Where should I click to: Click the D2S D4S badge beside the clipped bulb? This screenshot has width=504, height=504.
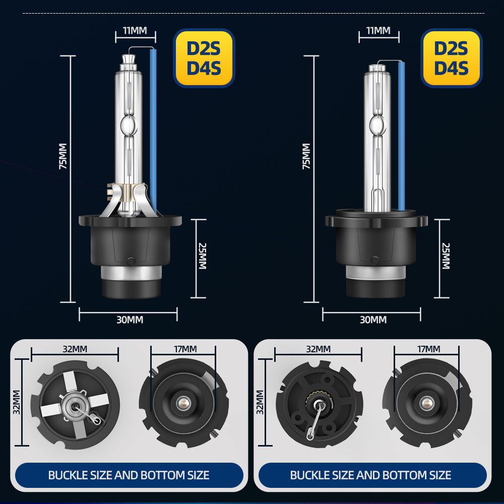pyautogui.click(x=204, y=58)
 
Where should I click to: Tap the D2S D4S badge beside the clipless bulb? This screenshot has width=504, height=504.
pyautogui.click(x=451, y=58)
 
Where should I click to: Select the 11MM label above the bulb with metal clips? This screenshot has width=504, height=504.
pyautogui.click(x=135, y=30)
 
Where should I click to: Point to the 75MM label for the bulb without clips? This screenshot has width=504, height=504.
pyautogui.click(x=306, y=156)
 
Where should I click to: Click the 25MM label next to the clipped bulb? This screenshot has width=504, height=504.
pyautogui.click(x=202, y=256)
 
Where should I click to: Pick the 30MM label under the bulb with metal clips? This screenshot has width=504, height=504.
pyautogui.click(x=129, y=320)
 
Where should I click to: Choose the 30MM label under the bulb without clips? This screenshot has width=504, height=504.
pyautogui.click(x=373, y=320)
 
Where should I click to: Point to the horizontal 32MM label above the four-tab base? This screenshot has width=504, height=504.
pyautogui.click(x=75, y=349)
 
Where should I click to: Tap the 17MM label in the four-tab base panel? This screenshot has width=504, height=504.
pyautogui.click(x=185, y=349)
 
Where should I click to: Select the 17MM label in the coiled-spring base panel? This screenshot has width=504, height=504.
pyautogui.click(x=428, y=349)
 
